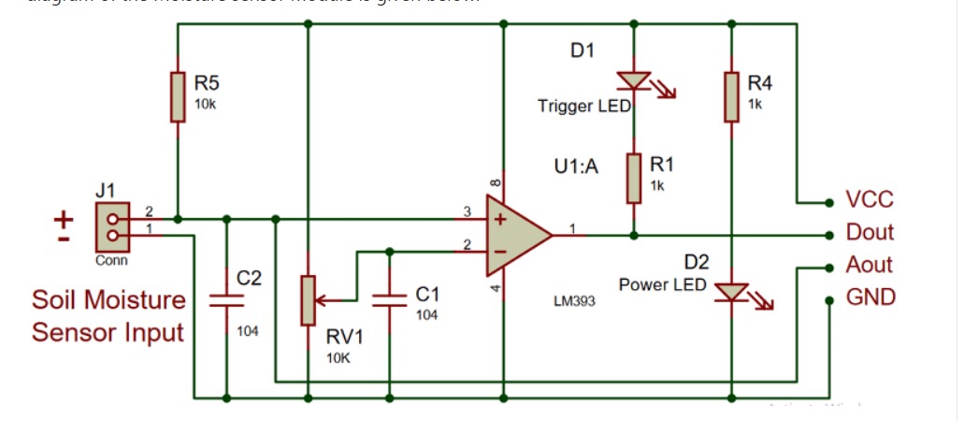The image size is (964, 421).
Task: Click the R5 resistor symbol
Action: [x=178, y=95]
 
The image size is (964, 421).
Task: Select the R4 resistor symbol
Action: [x=732, y=96]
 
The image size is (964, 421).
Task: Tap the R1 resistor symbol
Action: [x=634, y=178]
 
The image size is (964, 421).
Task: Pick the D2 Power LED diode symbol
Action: [x=732, y=292]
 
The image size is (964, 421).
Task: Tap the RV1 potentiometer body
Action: [x=308, y=300]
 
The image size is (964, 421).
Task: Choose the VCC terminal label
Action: [x=870, y=199]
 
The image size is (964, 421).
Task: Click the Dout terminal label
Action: [x=870, y=232]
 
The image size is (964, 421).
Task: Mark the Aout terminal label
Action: [x=870, y=265]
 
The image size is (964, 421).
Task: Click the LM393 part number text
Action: [x=574, y=302]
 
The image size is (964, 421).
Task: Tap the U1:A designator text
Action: [x=577, y=168]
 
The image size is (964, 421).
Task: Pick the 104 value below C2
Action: [x=247, y=331]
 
